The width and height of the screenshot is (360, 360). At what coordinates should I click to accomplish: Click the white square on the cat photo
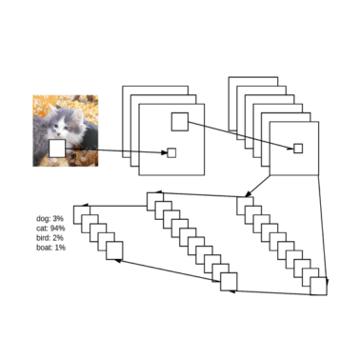[x=57, y=149]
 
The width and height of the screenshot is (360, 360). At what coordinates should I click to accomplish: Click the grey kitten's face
[x=66, y=123]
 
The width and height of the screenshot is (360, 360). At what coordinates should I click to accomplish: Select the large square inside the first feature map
[x=179, y=121]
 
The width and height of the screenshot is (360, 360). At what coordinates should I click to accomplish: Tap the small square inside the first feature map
[x=171, y=153]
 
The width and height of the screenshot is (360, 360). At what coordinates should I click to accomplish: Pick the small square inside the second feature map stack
[x=297, y=148]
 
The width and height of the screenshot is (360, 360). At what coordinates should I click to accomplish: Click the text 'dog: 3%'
[x=49, y=219]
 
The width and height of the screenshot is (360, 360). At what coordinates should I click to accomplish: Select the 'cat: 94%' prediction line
[x=50, y=229]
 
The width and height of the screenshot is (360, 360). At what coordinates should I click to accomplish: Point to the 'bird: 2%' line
[x=50, y=238]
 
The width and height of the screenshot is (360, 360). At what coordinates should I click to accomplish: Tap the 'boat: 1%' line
[x=50, y=248]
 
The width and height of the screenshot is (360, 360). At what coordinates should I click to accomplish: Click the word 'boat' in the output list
[x=43, y=248]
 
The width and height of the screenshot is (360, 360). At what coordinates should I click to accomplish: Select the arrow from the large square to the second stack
[x=238, y=134]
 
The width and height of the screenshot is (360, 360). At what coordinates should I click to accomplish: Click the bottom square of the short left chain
[x=114, y=251]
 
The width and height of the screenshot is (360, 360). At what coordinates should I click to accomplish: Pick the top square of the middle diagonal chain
[x=154, y=199]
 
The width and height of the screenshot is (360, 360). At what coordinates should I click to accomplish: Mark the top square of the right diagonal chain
[x=244, y=203]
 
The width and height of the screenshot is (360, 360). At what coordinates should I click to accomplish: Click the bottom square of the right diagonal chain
[x=319, y=284]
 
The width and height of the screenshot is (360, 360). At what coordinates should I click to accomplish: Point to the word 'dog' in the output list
[x=43, y=219]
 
